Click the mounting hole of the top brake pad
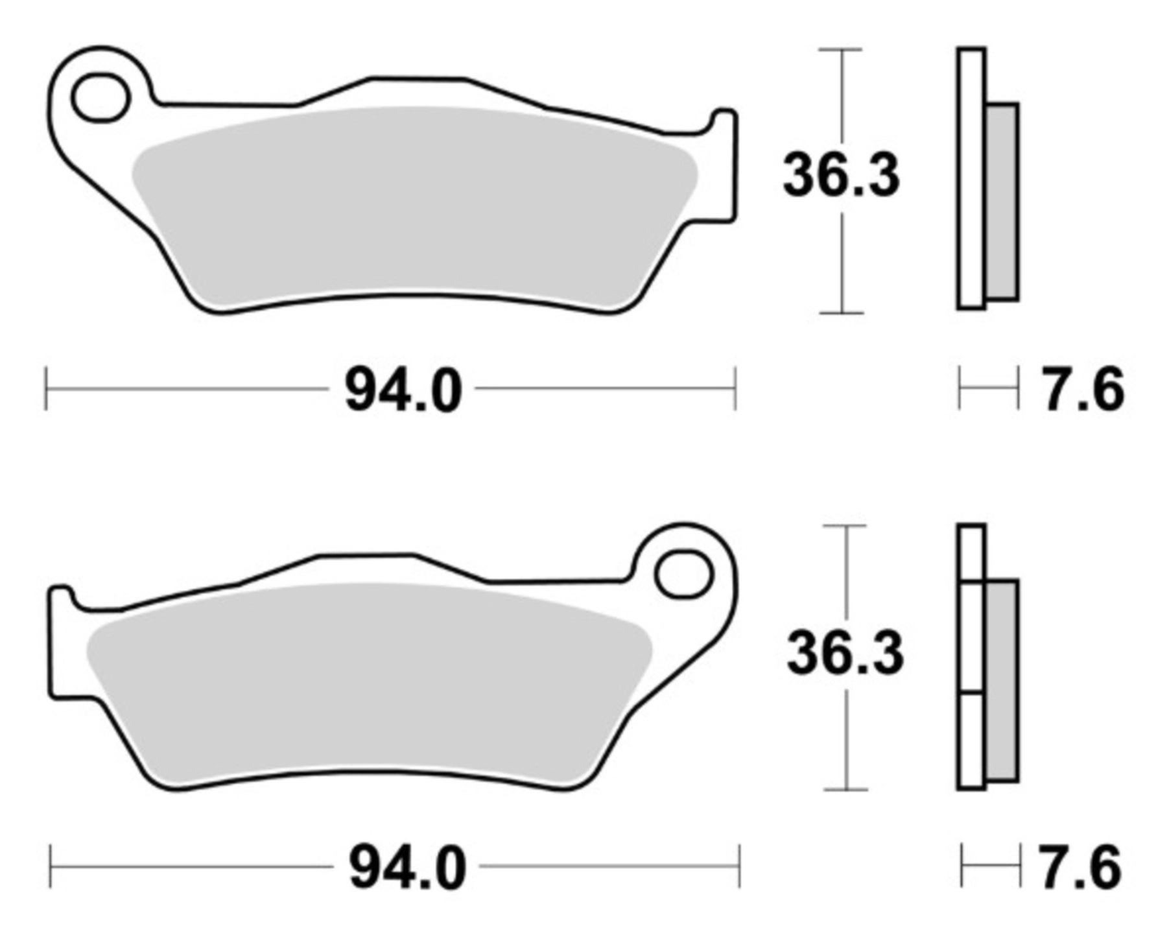tap(101, 98)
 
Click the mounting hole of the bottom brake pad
tap(684, 574)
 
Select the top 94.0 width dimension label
tap(403, 390)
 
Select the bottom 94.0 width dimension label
tap(408, 868)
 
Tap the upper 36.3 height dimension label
tap(842, 176)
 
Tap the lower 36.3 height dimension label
tap(845, 654)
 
